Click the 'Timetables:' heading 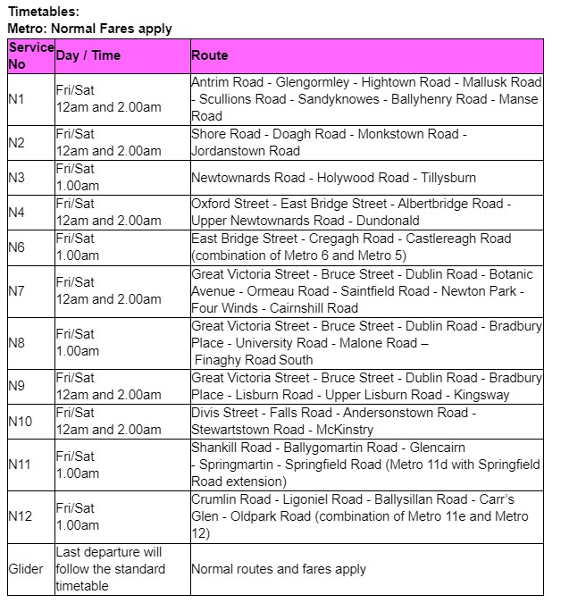tap(43, 12)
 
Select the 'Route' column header tap(209, 55)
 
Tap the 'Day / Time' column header tap(88, 55)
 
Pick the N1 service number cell tap(16, 99)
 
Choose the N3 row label tap(16, 178)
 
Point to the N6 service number tap(16, 247)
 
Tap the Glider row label tap(26, 569)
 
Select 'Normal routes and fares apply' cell tap(278, 569)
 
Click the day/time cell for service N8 tap(77, 343)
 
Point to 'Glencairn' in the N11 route tap(438, 447)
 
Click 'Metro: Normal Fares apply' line tap(89, 29)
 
